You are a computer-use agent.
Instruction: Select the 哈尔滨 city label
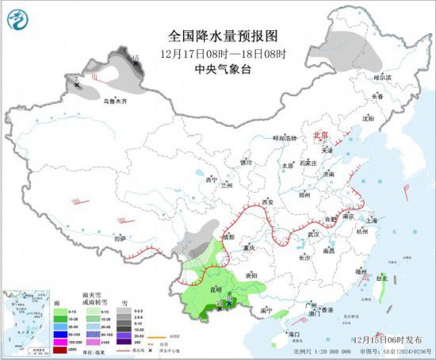coord(383,77)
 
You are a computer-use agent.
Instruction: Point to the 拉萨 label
coord(120,237)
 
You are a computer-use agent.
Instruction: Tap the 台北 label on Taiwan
coord(382,278)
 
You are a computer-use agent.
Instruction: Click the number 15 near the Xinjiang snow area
coord(136,57)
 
